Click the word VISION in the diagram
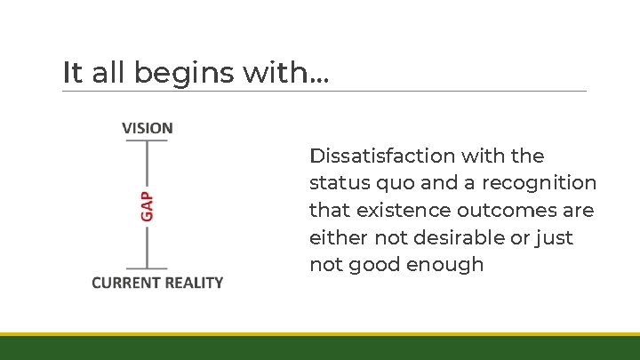coord(148,128)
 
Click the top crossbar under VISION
coord(147,142)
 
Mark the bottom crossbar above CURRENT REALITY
coord(147,268)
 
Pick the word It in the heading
coord(71,72)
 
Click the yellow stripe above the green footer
coord(320,334)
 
